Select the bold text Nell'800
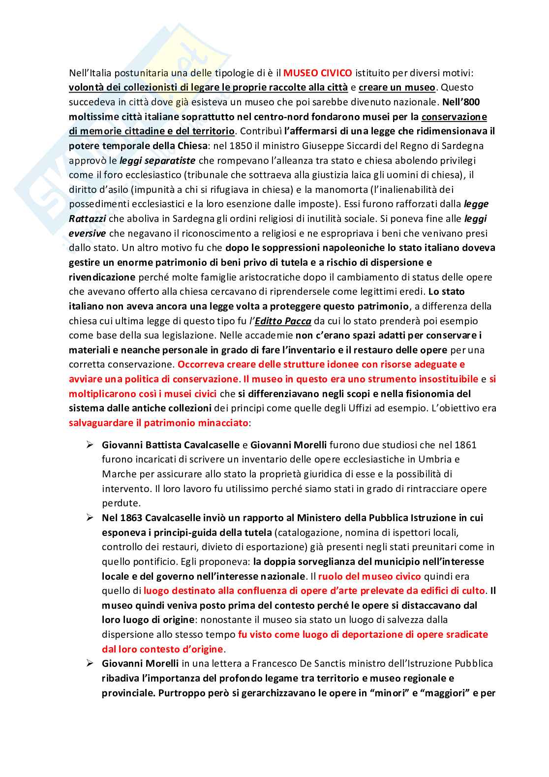[461, 102]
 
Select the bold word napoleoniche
[324, 248]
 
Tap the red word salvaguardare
[101, 423]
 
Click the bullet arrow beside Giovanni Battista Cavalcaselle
[90, 445]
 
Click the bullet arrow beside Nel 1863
[90, 518]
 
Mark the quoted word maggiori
[447, 693]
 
